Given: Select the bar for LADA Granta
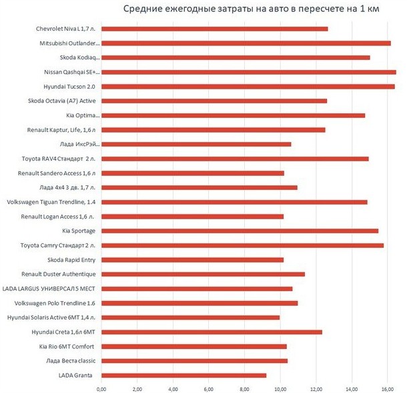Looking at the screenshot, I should [x=184, y=375].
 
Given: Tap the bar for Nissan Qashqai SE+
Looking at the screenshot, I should [x=249, y=72].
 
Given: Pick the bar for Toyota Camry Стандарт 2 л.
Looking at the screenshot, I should [x=243, y=245].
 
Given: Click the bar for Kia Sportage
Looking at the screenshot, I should [x=240, y=230].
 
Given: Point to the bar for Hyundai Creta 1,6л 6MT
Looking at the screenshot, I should [x=212, y=332].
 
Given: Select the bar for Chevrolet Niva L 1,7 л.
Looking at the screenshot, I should [x=215, y=29].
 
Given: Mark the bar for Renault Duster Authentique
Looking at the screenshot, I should [x=203, y=274].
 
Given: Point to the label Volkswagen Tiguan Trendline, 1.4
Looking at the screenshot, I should [x=51, y=202].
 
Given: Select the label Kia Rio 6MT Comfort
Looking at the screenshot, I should [x=67, y=346].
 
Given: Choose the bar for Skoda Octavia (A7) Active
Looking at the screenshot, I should [x=214, y=101].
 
